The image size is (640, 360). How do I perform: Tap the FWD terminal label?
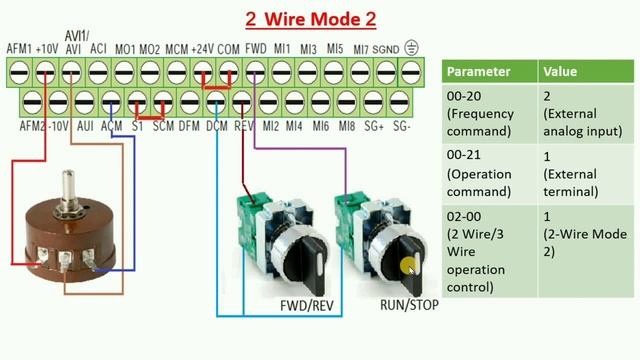pyautogui.click(x=255, y=48)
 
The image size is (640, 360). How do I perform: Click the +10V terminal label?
pyautogui.click(x=46, y=48)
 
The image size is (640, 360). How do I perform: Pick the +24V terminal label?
pyautogui.click(x=204, y=48)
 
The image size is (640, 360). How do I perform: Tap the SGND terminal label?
pyautogui.click(x=387, y=48)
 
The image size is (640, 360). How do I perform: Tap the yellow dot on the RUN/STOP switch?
pyautogui.click(x=408, y=267)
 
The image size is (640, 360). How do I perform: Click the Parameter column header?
pyautogui.click(x=478, y=72)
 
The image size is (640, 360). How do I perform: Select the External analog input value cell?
pyautogui.click(x=584, y=112)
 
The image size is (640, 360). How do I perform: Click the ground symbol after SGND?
pyautogui.click(x=411, y=47)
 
